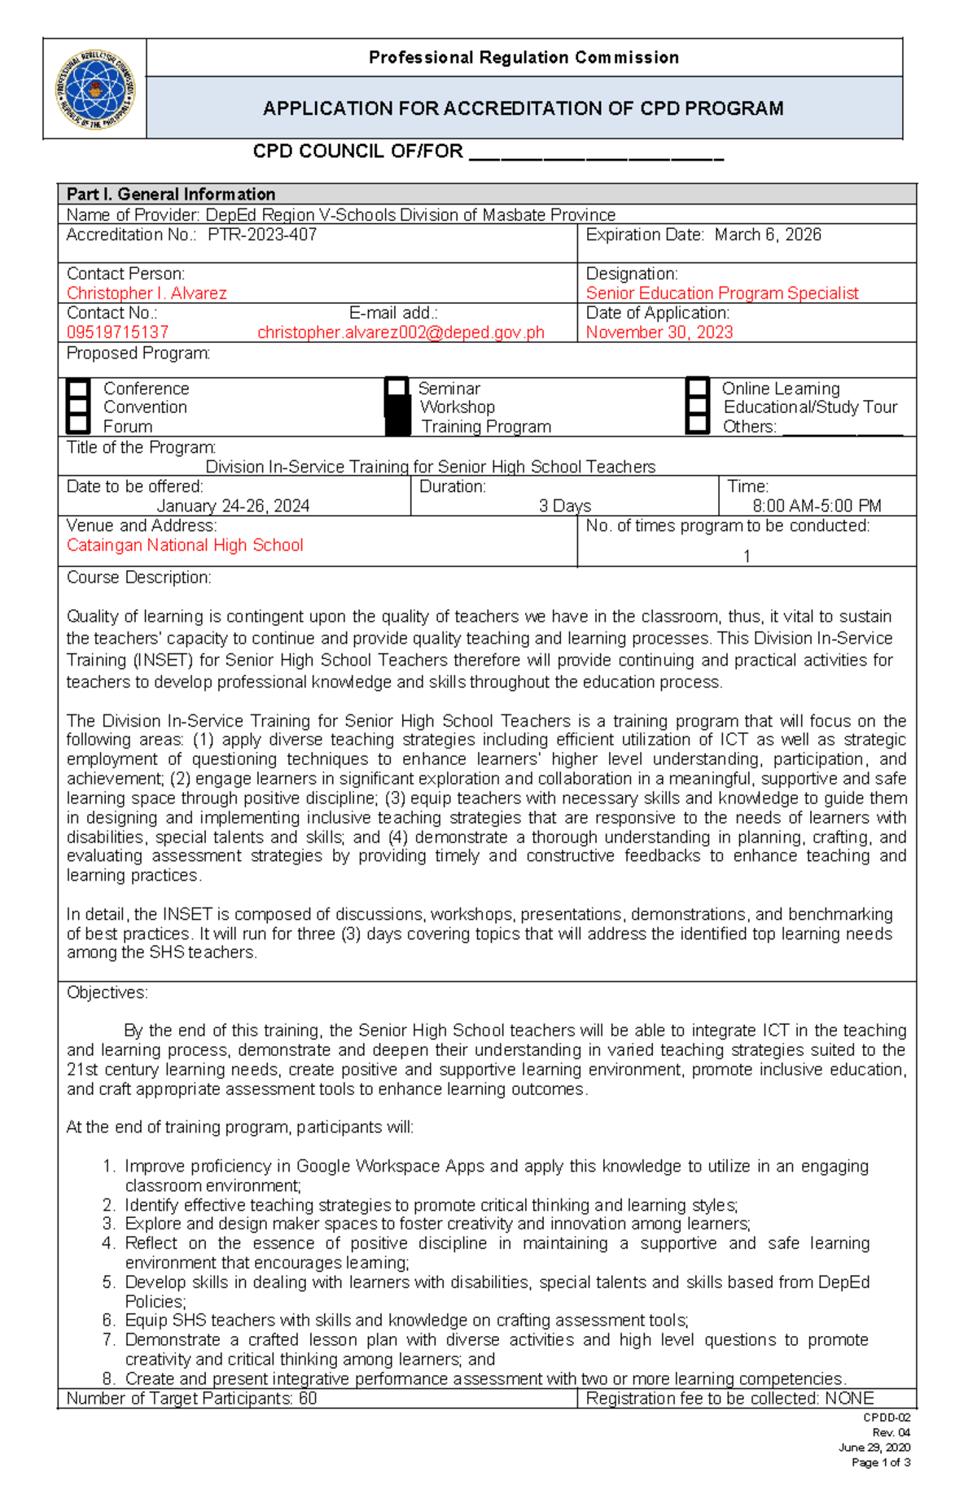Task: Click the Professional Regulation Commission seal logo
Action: (95, 90)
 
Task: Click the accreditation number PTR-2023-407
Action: (262, 235)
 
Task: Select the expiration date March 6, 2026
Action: (768, 235)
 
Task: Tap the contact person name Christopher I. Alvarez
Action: (147, 293)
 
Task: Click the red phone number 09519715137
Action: (117, 332)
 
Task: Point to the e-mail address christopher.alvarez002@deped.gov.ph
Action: (401, 332)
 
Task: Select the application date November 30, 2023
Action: (659, 332)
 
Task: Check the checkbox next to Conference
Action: (78, 389)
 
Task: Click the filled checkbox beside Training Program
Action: (397, 426)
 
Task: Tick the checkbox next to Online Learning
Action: (698, 389)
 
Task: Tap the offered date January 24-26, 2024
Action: (233, 506)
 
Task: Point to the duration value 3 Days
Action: (564, 506)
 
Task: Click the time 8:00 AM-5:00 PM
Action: (817, 506)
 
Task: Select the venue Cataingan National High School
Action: (185, 545)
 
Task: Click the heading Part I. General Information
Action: (171, 194)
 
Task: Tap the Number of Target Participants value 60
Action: (308, 1399)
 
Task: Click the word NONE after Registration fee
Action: (848, 1399)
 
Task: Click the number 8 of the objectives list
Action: (108, 1379)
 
